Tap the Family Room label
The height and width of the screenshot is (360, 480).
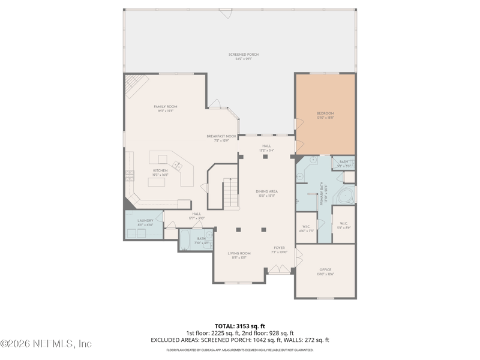tap(166, 109)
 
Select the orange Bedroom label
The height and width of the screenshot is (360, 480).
tap(325, 115)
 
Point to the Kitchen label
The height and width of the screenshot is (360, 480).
tap(160, 172)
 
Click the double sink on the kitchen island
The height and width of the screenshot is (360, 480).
tap(178, 165)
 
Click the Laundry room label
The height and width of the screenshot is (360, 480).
tap(145, 222)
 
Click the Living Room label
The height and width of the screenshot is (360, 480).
tap(239, 255)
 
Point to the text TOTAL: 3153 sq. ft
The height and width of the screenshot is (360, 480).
tap(239, 325)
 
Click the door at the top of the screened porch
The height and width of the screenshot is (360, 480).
tap(226, 12)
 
